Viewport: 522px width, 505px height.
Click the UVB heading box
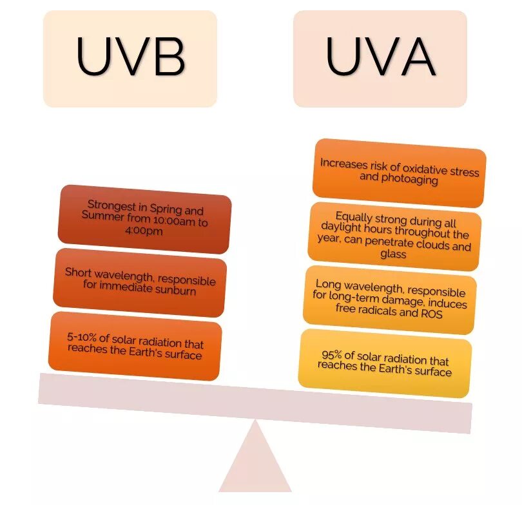pos(130,58)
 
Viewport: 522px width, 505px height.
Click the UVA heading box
pos(380,58)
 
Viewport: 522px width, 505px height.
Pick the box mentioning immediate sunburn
pos(140,282)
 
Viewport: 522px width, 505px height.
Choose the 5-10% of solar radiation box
pos(135,346)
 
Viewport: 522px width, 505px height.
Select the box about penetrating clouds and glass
pos(394,236)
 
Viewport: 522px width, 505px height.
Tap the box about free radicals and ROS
pos(389,300)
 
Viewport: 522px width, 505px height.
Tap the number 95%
pos(333,355)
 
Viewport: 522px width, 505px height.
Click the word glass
pos(393,254)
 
